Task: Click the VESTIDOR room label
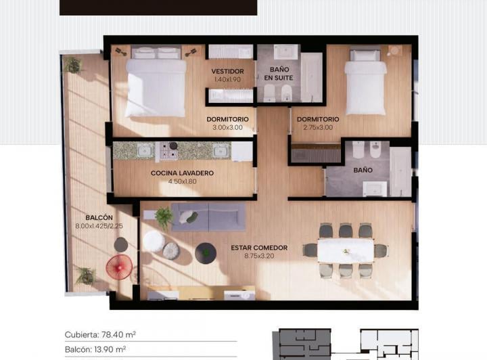228,72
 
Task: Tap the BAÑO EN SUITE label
279,74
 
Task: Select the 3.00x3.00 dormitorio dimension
228,127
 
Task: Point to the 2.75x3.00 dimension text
318,127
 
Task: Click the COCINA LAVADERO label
183,173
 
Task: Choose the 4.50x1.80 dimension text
183,181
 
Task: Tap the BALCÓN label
99,218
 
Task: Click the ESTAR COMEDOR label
259,248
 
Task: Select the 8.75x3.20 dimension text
259,256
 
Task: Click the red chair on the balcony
119,267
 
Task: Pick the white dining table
346,251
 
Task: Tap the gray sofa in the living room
208,217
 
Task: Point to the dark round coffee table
206,254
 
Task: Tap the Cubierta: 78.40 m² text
100,334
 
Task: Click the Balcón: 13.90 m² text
95,349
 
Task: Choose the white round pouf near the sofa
154,241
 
